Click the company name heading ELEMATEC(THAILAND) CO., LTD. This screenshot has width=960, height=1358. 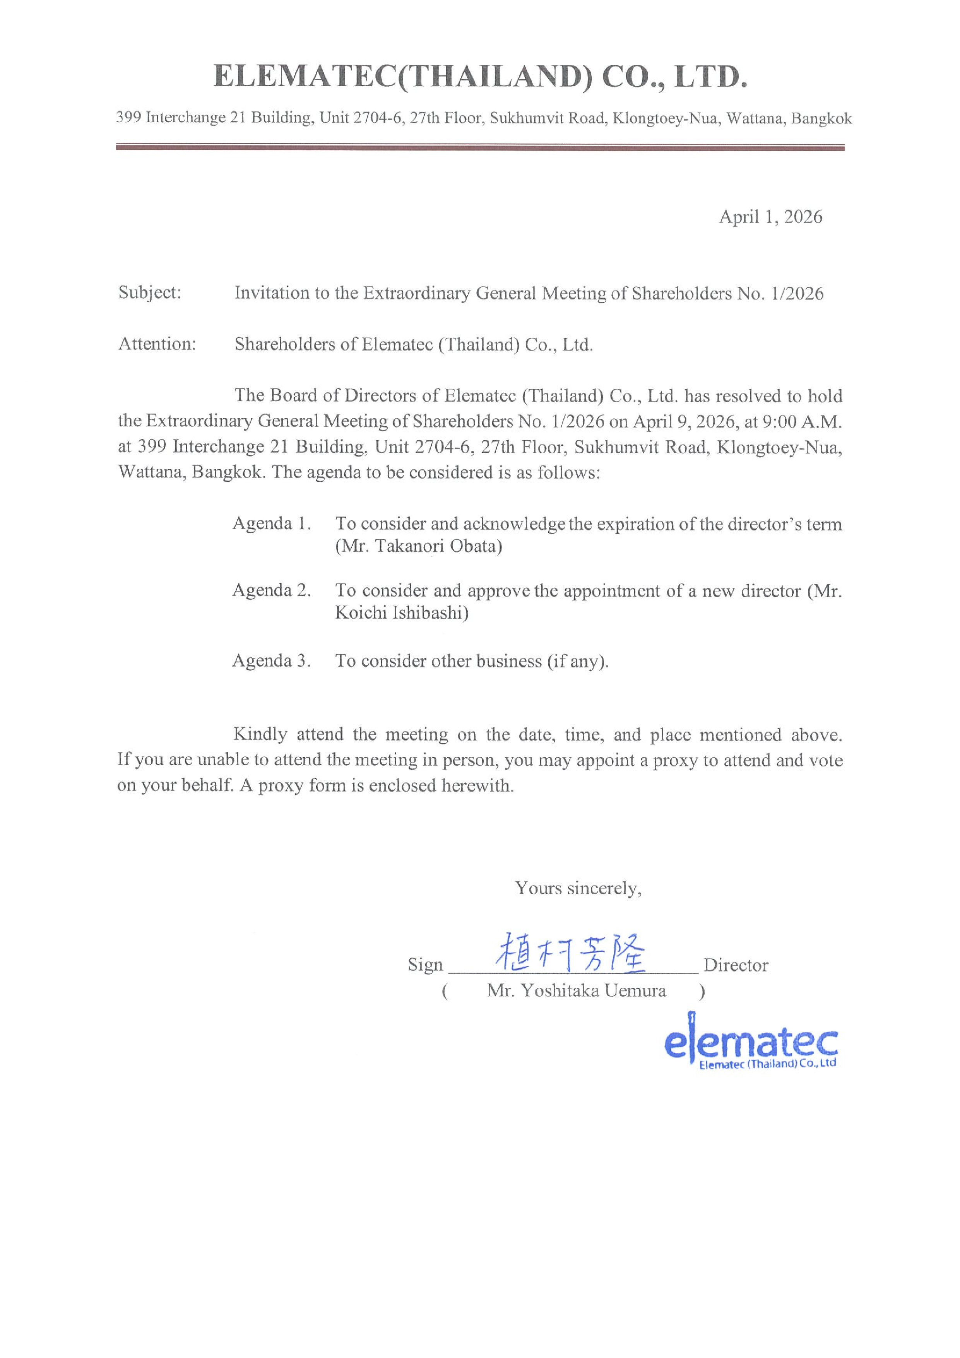pos(480,77)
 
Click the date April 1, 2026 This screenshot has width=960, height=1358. pos(770,217)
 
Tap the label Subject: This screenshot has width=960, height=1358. pos(150,292)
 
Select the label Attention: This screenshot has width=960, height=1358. pos(157,344)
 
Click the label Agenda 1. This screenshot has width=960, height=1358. pos(272,523)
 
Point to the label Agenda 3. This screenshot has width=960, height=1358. pos(272,660)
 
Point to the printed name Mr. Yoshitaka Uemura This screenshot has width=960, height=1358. pos(576,991)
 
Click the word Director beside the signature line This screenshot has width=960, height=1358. pos(735,965)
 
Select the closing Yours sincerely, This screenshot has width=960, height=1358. pos(578,888)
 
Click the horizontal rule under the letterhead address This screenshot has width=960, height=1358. pos(480,147)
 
